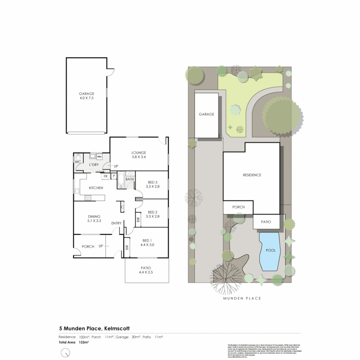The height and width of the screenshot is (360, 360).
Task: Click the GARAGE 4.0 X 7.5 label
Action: point(86,96)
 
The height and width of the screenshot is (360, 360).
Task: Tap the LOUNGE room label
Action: point(139,155)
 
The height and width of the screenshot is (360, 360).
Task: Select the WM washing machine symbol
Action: point(99,157)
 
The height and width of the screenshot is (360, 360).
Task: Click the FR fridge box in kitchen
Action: point(105,176)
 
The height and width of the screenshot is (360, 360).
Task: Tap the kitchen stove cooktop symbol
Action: point(88,198)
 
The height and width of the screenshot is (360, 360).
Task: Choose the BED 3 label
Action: point(152,184)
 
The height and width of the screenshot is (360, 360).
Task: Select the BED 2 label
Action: point(152,214)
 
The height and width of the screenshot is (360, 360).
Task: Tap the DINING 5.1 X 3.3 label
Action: point(94,218)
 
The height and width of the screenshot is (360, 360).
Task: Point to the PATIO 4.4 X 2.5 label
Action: point(146,270)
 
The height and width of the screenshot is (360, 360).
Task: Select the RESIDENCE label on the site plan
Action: point(252,175)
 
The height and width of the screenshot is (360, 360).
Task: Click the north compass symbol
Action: point(66,352)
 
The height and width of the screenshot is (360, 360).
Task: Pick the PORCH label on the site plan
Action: point(238,207)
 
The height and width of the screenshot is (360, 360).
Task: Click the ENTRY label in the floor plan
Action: point(116,223)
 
